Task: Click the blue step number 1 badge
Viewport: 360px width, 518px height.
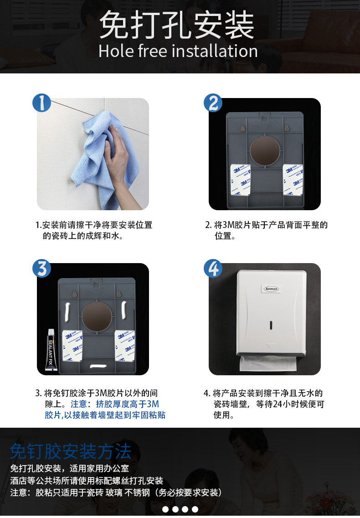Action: point(41,103)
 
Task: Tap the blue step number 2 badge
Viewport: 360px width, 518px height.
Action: point(213,103)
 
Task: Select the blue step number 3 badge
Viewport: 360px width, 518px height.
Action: point(41,268)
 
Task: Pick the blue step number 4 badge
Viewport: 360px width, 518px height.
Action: point(213,268)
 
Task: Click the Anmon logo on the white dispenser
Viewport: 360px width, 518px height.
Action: point(272,289)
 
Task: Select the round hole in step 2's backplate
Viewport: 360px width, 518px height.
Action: point(264,150)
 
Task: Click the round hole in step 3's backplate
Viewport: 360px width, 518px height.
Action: point(97,316)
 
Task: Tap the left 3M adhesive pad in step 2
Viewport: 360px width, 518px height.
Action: point(240,179)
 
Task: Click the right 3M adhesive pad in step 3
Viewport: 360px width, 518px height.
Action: point(125,345)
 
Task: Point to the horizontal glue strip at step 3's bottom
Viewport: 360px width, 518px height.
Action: point(98,366)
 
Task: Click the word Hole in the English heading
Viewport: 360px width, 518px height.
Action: point(116,51)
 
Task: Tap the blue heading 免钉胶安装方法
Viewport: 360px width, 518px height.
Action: point(70,451)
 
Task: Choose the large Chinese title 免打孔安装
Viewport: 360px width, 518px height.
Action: point(177,25)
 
